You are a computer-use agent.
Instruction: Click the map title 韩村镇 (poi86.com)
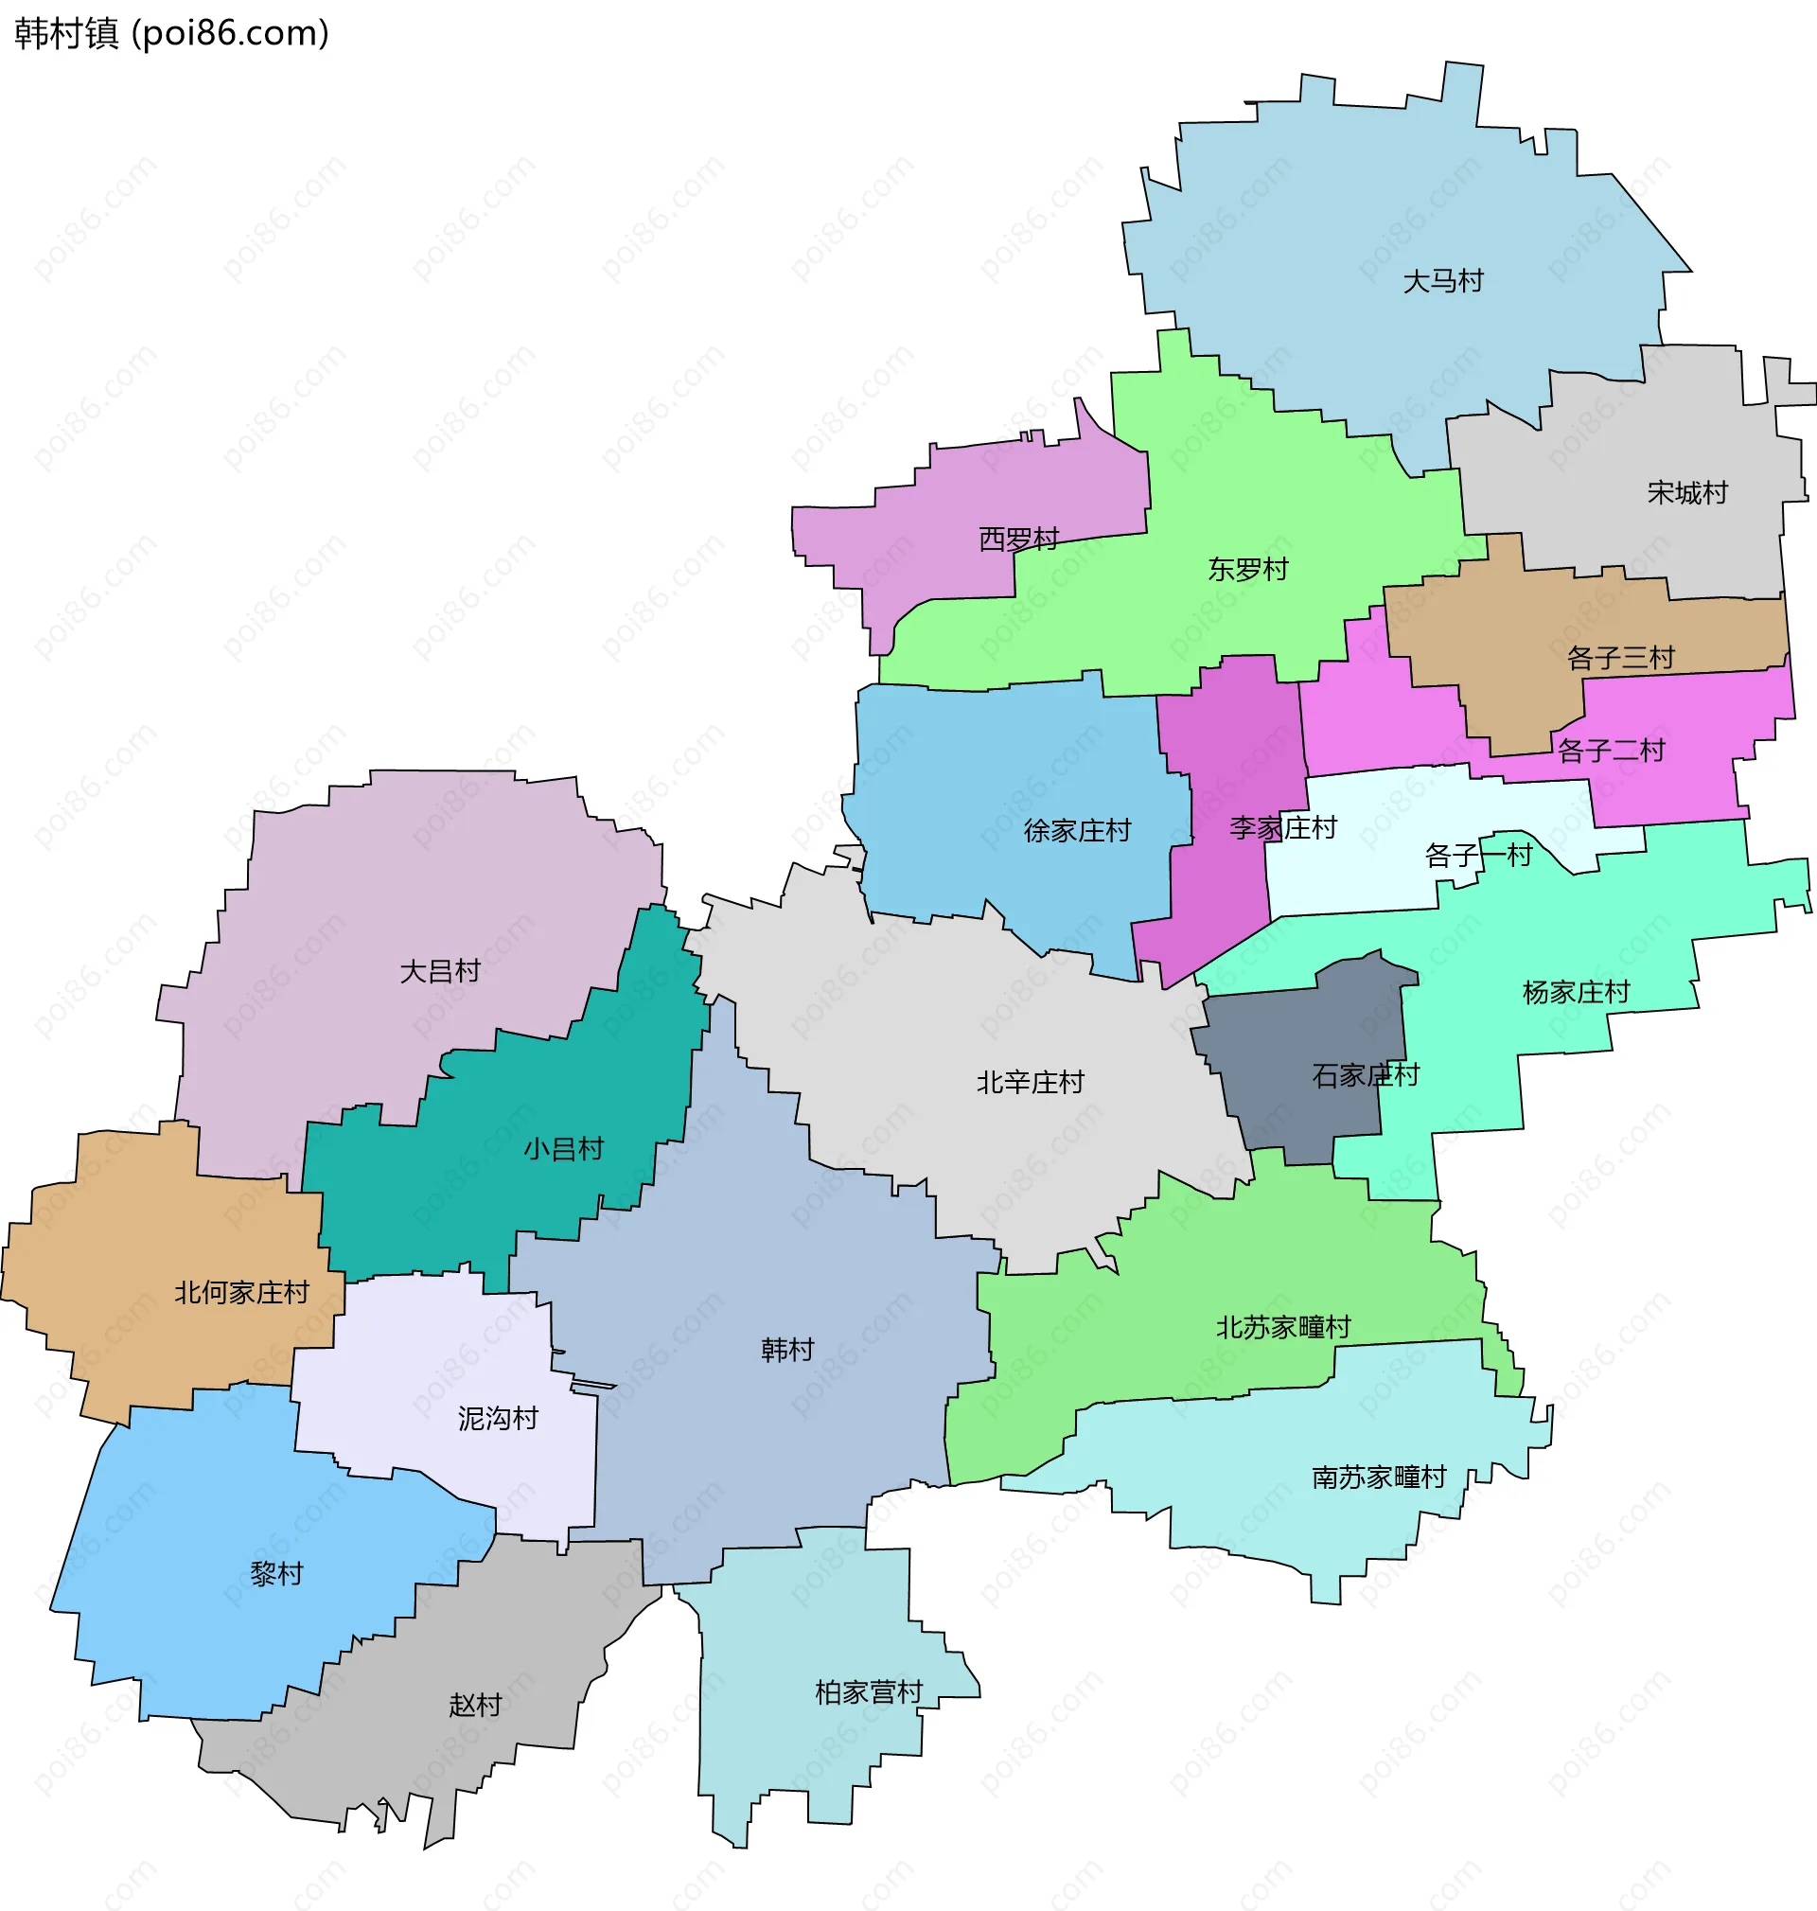point(171,34)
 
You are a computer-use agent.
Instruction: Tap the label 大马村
point(1443,281)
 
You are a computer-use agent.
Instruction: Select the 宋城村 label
point(1687,493)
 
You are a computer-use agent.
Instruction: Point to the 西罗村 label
point(1019,539)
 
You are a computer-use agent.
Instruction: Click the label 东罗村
point(1247,570)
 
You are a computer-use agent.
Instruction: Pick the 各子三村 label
point(1620,659)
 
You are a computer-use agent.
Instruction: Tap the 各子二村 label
point(1611,751)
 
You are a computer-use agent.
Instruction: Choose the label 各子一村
point(1478,856)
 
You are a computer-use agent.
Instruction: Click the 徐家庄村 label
point(1077,831)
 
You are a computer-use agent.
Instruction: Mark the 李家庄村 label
point(1282,828)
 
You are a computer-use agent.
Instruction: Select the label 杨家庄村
point(1576,992)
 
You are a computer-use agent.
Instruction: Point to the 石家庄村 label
point(1366,1075)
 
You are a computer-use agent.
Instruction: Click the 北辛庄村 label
point(1030,1083)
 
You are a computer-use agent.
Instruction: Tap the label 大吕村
point(440,971)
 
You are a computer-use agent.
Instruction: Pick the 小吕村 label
point(564,1150)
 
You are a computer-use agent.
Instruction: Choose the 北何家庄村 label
point(241,1293)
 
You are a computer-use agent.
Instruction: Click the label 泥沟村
point(498,1419)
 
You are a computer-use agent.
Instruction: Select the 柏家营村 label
point(869,1692)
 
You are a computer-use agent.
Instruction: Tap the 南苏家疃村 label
point(1378,1477)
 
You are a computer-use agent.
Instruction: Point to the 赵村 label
point(474,1705)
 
